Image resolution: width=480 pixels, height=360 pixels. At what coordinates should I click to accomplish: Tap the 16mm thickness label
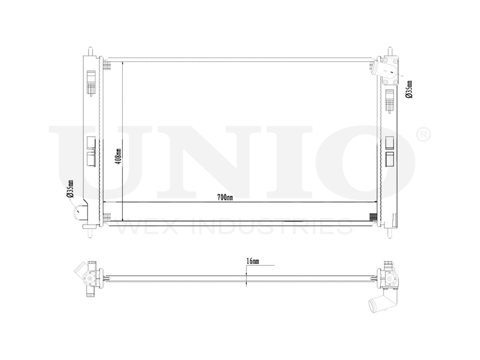pyautogui.click(x=252, y=261)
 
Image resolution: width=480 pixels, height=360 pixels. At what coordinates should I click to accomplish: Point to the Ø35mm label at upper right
pyautogui.click(x=408, y=89)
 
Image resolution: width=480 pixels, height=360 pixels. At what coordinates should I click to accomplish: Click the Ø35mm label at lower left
pyautogui.click(x=70, y=189)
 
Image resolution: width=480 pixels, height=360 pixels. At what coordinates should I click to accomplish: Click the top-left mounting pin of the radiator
pyautogui.click(x=90, y=50)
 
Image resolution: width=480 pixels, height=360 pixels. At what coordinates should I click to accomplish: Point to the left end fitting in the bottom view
pyautogui.click(x=86, y=276)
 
